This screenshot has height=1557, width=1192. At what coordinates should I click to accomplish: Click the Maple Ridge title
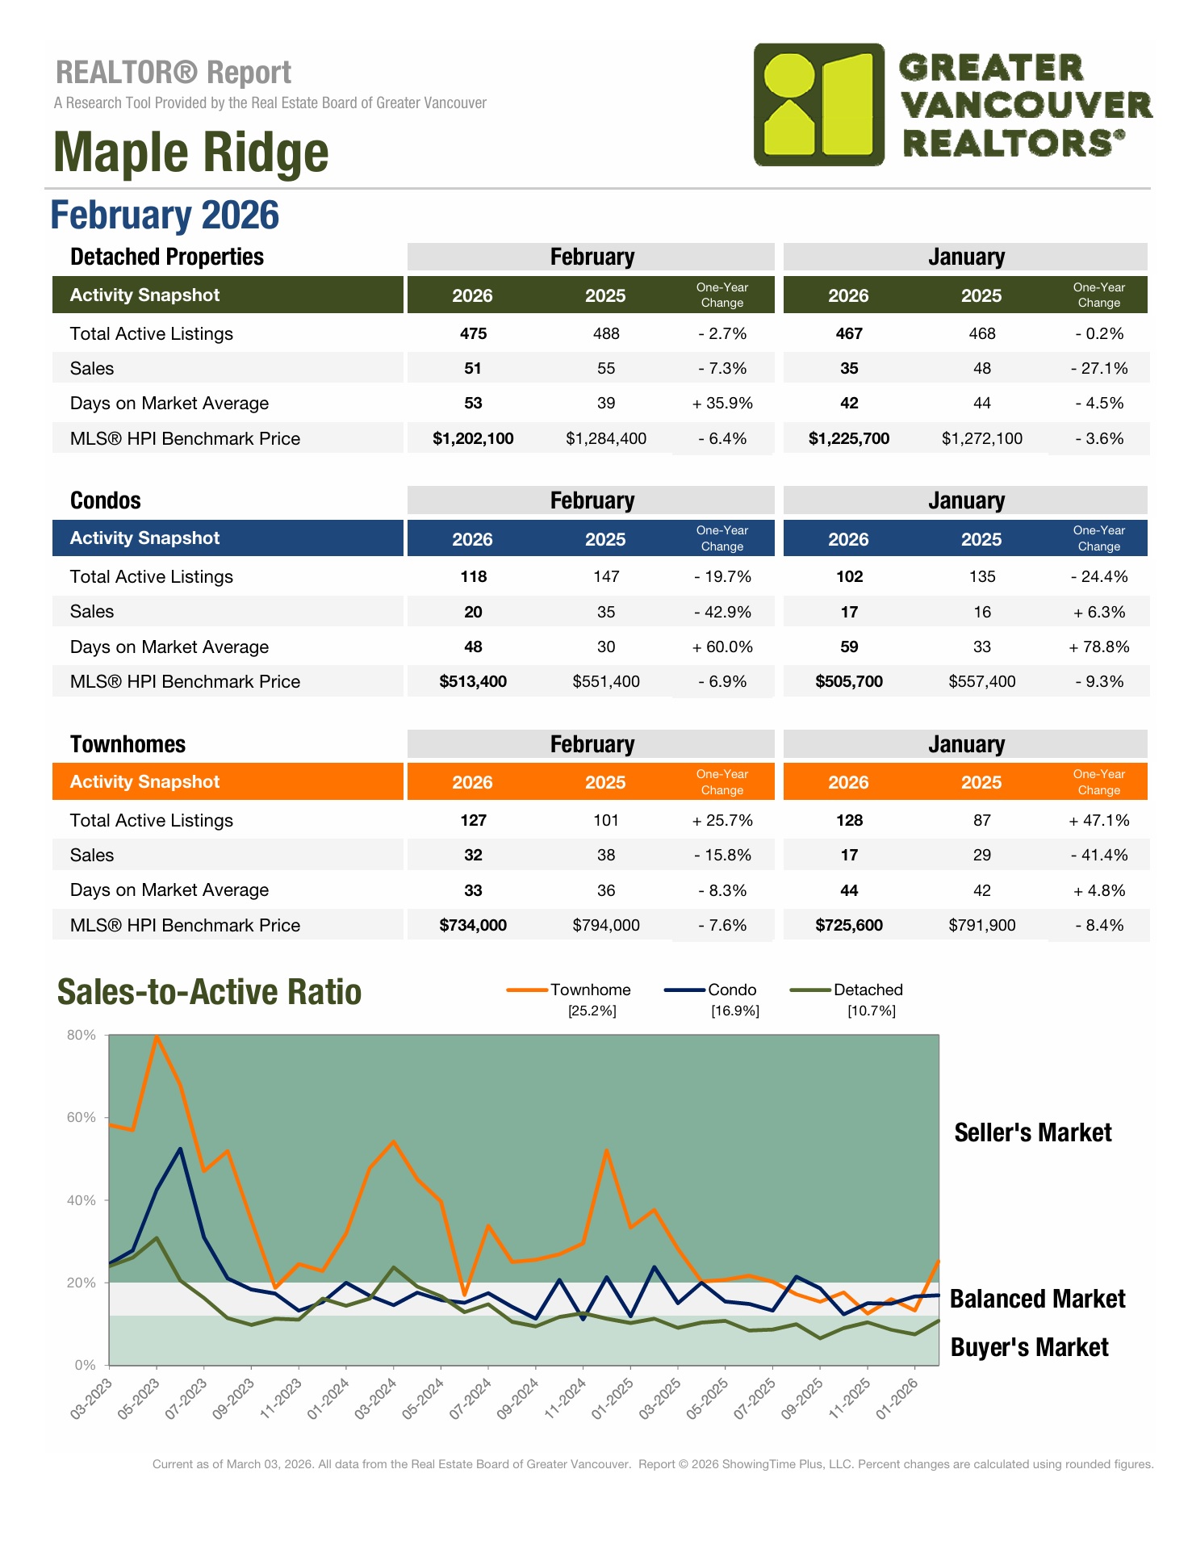(191, 152)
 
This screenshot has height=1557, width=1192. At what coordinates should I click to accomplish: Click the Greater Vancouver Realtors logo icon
(818, 105)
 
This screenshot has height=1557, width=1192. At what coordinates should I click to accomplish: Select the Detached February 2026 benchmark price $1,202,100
(473, 438)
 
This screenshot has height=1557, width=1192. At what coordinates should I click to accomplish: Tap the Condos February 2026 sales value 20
(473, 612)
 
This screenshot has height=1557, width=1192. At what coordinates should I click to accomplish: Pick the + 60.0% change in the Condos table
(722, 647)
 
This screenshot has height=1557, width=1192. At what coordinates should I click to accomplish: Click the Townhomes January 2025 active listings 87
(981, 820)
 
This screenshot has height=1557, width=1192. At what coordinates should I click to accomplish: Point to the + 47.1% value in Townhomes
(1098, 820)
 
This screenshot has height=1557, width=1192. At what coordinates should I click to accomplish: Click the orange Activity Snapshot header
(228, 781)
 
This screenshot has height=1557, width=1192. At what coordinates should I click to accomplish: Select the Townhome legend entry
(590, 990)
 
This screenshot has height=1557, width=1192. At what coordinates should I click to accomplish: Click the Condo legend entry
(731, 990)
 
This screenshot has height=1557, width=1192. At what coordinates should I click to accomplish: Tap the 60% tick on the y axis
(82, 1117)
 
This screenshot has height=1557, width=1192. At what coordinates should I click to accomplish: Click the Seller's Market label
(1032, 1132)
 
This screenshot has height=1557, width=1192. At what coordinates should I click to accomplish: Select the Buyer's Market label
(1029, 1347)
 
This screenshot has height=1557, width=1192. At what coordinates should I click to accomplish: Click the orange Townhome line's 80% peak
(157, 1036)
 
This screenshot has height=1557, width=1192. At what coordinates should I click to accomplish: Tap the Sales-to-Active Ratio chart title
(209, 992)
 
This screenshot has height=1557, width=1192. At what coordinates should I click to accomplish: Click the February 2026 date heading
(165, 216)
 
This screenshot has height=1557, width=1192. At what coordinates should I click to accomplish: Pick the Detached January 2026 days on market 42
(848, 403)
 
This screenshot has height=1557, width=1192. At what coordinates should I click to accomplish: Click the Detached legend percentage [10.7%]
(871, 1011)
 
